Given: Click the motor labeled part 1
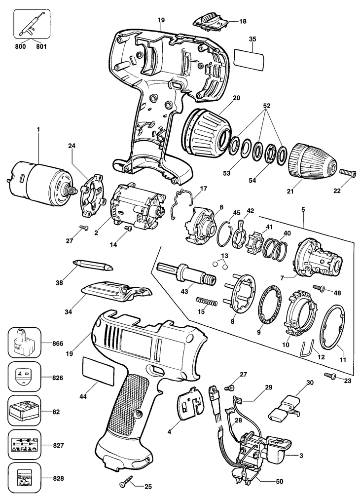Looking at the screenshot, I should pyautogui.click(x=39, y=182).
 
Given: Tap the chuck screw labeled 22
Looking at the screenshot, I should pyautogui.click(x=349, y=173).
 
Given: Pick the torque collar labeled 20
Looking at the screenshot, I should pyautogui.click(x=208, y=129).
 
